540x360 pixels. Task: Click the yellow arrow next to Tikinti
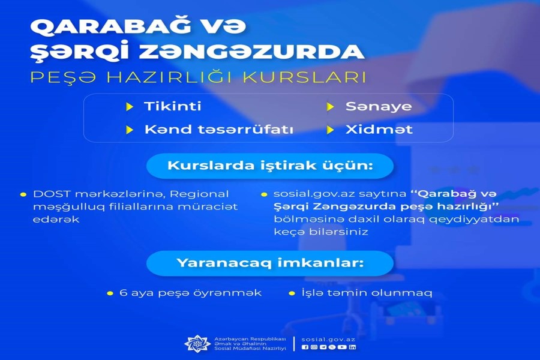pyautogui.click(x=130, y=107)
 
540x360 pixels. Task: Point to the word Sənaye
pyautogui.click(x=379, y=106)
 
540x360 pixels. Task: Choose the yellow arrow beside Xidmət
pyautogui.click(x=330, y=130)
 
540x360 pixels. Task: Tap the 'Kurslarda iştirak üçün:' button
pyautogui.click(x=270, y=166)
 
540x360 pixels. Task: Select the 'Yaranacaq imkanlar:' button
pyautogui.click(x=270, y=263)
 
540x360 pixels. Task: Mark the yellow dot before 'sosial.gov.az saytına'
pyautogui.click(x=264, y=194)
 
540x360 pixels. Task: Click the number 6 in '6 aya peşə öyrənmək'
pyautogui.click(x=123, y=293)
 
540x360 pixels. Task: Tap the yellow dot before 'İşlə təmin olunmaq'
pyautogui.click(x=292, y=293)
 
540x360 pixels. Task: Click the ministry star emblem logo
pyautogui.click(x=197, y=343)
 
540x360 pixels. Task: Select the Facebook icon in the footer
pyautogui.click(x=305, y=347)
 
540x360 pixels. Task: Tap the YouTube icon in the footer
pyautogui.click(x=342, y=347)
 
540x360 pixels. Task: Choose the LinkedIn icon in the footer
pyautogui.click(x=352, y=347)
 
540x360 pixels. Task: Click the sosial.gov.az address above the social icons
pyautogui.click(x=328, y=340)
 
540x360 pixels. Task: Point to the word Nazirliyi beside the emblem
pyautogui.click(x=275, y=348)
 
